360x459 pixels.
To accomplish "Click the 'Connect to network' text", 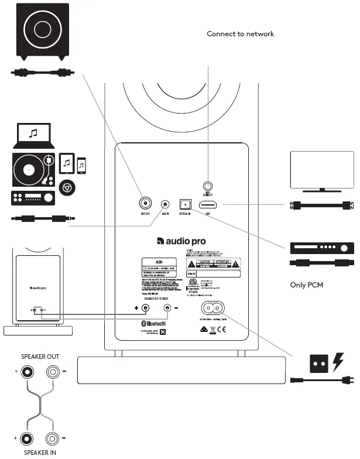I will pyautogui.click(x=240, y=34).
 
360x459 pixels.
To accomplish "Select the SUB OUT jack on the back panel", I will pyautogui.click(x=144, y=204).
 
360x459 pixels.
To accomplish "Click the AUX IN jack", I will pyautogui.click(x=166, y=204).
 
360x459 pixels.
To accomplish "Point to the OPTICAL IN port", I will pyautogui.click(x=186, y=204).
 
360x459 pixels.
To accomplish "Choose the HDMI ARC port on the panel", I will pyautogui.click(x=208, y=205).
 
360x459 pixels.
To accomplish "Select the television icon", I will pyautogui.click(x=322, y=170).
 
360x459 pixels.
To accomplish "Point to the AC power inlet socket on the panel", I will pyautogui.click(x=213, y=307).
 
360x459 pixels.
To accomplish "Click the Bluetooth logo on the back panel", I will pyautogui.click(x=153, y=323).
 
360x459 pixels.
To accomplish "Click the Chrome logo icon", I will pyautogui.click(x=67, y=187).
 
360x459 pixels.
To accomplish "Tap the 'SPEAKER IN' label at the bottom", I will pyautogui.click(x=40, y=452).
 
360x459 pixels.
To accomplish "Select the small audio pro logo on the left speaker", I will pyautogui.click(x=39, y=287).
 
